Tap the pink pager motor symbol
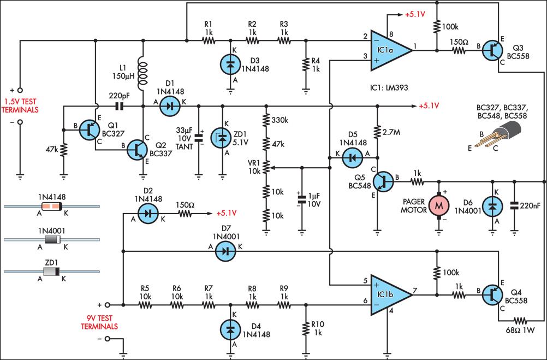point(439,206)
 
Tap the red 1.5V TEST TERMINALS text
point(21,106)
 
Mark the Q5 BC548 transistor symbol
point(384,181)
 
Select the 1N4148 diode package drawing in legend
point(52,206)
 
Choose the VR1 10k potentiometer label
point(254,168)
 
